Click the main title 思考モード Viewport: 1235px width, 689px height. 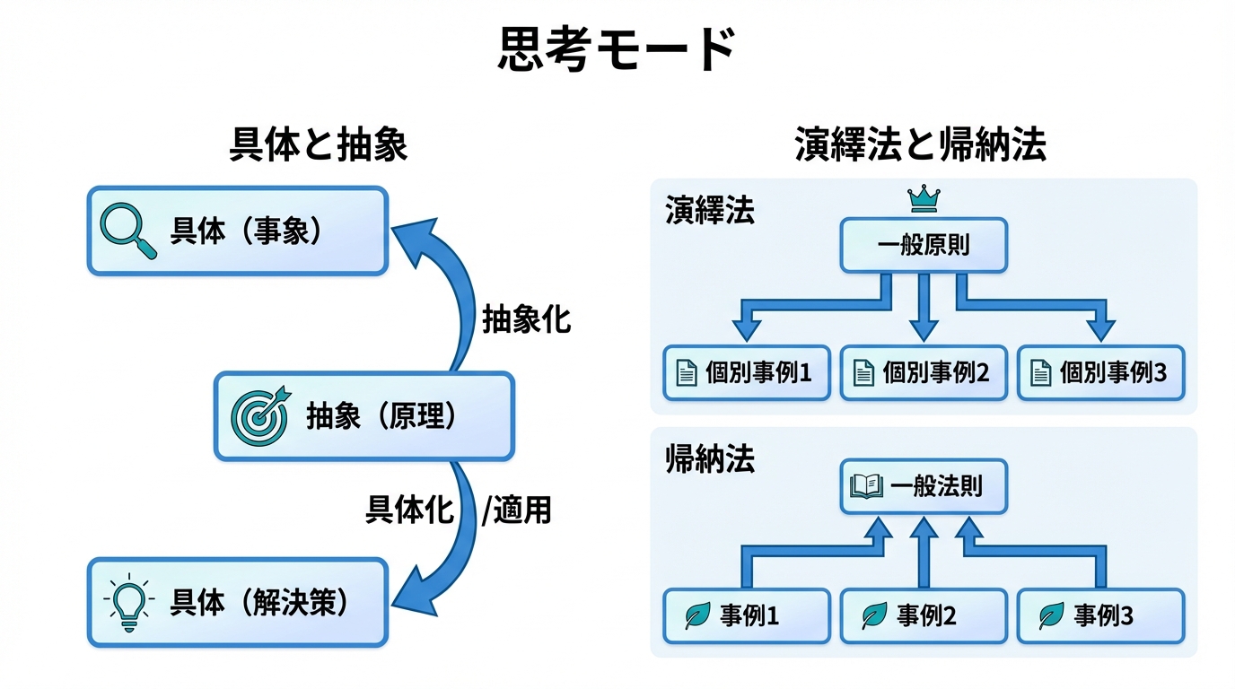617,49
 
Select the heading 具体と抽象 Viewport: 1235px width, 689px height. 319,144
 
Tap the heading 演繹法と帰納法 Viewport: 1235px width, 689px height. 921,144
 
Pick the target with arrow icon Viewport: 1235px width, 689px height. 259,417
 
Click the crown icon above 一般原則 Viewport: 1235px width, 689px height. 923,198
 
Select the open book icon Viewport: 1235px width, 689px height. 867,487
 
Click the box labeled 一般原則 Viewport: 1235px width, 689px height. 924,246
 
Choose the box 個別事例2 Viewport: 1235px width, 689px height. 923,372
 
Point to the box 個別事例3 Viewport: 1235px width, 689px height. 1100,372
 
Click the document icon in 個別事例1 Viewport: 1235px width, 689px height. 687,372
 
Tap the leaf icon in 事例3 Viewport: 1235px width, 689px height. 1051,616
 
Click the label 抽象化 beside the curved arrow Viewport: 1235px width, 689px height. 527,319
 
